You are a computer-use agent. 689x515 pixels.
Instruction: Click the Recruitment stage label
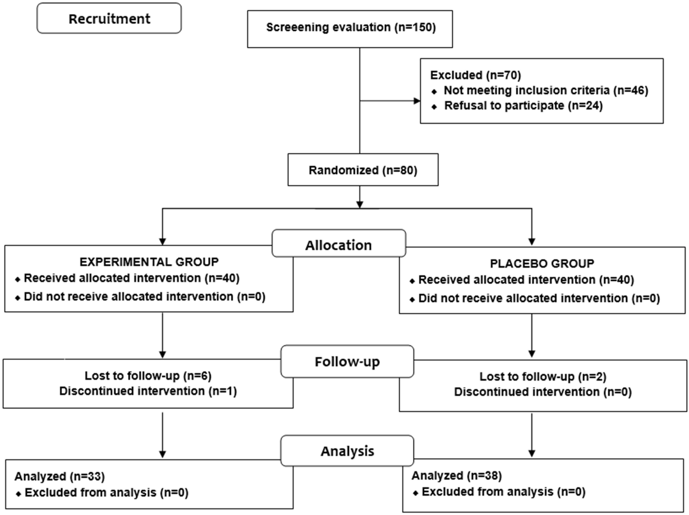click(109, 19)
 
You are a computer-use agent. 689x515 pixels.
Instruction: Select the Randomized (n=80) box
click(363, 170)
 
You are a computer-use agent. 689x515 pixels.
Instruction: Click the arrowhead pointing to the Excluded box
click(417, 101)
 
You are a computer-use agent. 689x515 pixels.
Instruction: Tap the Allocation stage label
click(339, 245)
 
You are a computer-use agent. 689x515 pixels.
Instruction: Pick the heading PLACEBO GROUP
click(542, 263)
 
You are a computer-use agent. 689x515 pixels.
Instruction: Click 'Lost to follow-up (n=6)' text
click(148, 376)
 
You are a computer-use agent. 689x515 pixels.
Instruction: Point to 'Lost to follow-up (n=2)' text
click(543, 377)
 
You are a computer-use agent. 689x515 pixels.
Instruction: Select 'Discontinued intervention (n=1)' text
click(148, 391)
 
